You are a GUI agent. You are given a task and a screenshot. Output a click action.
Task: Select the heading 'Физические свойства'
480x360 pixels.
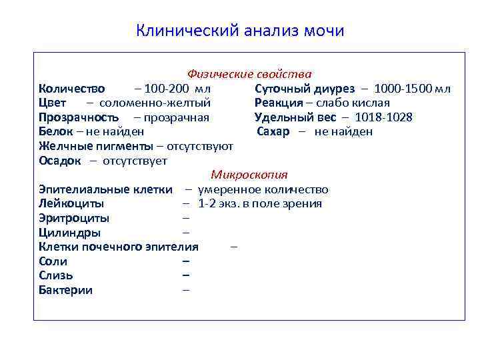pyautogui.click(x=249, y=74)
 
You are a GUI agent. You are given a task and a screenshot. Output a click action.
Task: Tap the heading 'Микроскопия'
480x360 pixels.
pyautogui.click(x=249, y=175)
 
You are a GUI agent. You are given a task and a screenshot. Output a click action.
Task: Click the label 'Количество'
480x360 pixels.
pyautogui.click(x=71, y=89)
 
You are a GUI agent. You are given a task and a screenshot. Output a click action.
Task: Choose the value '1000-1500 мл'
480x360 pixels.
pyautogui.click(x=412, y=89)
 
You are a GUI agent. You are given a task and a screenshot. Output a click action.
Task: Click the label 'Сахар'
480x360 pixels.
pyautogui.click(x=273, y=131)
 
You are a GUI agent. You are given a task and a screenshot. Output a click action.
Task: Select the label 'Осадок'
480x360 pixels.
pyautogui.click(x=60, y=161)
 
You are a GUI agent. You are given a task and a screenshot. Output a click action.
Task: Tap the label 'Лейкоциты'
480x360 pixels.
pyautogui.click(x=71, y=203)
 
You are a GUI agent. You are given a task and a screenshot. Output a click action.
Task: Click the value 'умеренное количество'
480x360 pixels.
pyautogui.click(x=263, y=189)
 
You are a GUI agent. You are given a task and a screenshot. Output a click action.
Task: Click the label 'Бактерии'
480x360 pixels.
pyautogui.click(x=66, y=290)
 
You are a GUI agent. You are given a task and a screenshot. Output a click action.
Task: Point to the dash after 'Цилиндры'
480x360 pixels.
pyautogui.click(x=186, y=233)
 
